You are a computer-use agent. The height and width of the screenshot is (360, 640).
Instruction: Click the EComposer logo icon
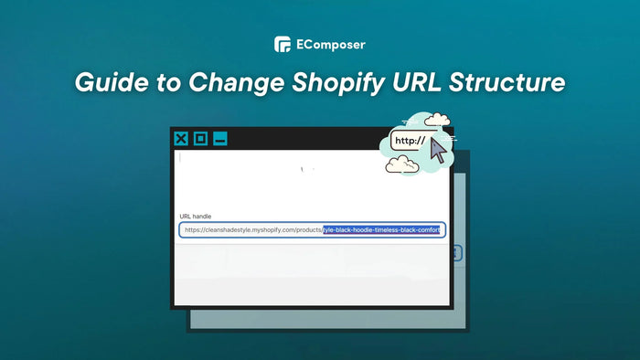click(x=283, y=44)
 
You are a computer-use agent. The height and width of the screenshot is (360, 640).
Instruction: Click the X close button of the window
click(x=181, y=139)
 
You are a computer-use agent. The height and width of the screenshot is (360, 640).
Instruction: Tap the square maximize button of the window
click(x=200, y=139)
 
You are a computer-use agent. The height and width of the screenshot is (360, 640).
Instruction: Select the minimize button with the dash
click(x=219, y=139)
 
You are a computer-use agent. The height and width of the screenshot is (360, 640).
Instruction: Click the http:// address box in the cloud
click(x=409, y=141)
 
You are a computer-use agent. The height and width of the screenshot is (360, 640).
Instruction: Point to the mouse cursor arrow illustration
click(x=438, y=151)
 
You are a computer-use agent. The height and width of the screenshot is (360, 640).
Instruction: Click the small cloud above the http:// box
click(x=437, y=120)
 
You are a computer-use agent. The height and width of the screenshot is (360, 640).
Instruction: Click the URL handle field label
click(x=196, y=217)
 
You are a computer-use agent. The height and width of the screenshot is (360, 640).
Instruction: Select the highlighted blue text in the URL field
click(x=381, y=230)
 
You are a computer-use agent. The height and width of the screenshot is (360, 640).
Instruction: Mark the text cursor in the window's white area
click(x=180, y=157)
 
